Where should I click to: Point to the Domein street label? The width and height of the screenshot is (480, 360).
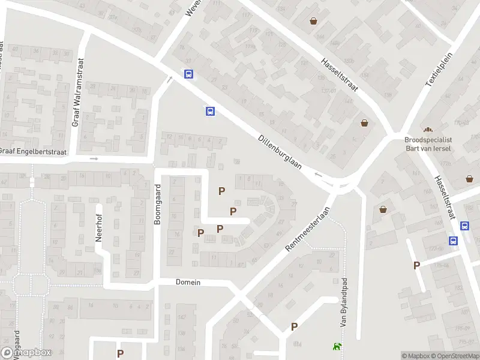(188, 282)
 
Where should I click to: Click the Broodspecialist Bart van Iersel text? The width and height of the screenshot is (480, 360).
(428, 143)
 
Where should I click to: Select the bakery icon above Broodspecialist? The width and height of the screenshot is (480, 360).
(428, 130)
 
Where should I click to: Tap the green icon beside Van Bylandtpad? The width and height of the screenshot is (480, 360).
(337, 346)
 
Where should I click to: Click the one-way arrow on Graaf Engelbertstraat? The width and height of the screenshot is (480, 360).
(94, 158)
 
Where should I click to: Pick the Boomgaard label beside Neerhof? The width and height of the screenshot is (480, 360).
(158, 206)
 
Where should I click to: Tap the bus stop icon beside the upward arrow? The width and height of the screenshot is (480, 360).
(188, 75)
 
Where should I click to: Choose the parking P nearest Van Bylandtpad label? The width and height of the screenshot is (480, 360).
(294, 327)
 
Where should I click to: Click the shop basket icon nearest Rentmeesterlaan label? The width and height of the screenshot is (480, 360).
(383, 209)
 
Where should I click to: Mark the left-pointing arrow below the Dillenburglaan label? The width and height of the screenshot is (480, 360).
(319, 175)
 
